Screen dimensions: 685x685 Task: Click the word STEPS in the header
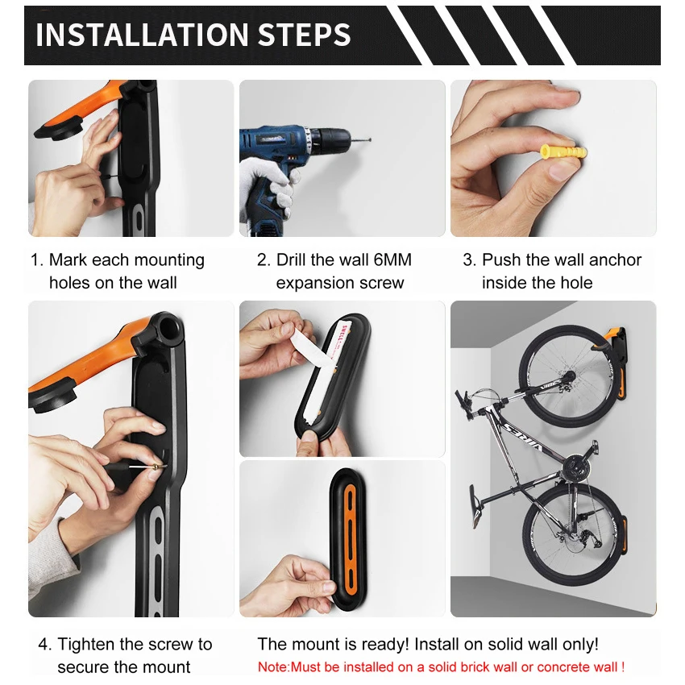coord(305,35)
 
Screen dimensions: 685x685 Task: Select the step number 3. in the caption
coord(470,260)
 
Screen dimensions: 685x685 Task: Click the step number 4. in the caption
coord(45,645)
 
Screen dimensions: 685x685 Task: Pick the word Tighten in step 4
coord(86,645)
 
